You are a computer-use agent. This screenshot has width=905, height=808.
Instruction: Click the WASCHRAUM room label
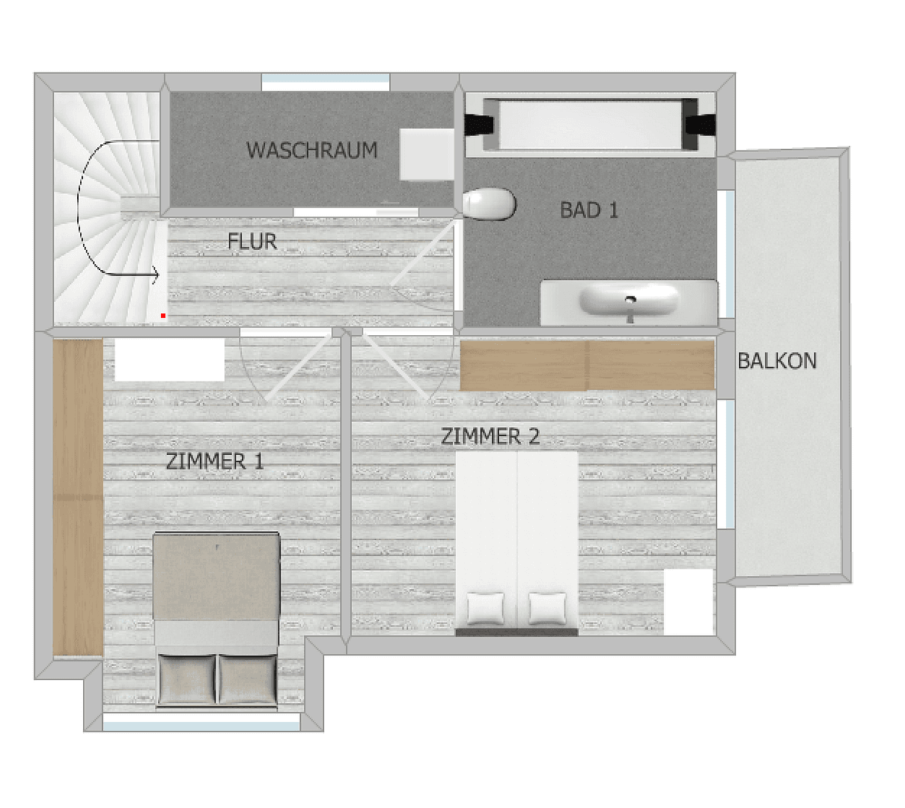coord(311,150)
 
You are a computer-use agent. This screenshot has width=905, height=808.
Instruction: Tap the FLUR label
coord(252,242)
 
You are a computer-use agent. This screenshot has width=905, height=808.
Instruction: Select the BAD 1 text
coord(589,210)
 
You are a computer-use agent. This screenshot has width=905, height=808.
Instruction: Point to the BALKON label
coord(777,361)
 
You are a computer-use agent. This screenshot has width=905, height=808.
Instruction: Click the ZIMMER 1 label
coord(215,462)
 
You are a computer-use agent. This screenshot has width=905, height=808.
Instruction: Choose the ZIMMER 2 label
coord(490,436)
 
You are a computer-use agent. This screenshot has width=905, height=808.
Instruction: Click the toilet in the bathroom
coord(489,204)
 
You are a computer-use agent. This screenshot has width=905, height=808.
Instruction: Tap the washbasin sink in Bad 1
coord(629,301)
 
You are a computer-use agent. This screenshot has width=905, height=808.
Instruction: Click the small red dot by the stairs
coord(163,316)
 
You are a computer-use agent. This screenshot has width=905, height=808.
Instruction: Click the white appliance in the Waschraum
coord(426,154)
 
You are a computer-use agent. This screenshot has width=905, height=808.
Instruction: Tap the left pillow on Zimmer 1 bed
coord(186,679)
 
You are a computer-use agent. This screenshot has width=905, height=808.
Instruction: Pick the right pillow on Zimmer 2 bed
coord(547,607)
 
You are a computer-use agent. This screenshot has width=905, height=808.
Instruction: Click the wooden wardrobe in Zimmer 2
coord(587,365)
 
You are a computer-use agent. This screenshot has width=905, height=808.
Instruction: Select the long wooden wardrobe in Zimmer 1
coord(77,497)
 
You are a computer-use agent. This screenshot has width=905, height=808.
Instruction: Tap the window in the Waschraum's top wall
coord(326,81)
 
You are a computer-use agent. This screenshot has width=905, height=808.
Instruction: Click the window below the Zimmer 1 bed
coord(201,723)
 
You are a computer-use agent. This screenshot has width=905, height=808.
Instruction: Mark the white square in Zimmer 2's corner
coord(689,602)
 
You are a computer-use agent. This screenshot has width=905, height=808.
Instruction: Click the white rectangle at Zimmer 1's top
coord(169,360)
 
